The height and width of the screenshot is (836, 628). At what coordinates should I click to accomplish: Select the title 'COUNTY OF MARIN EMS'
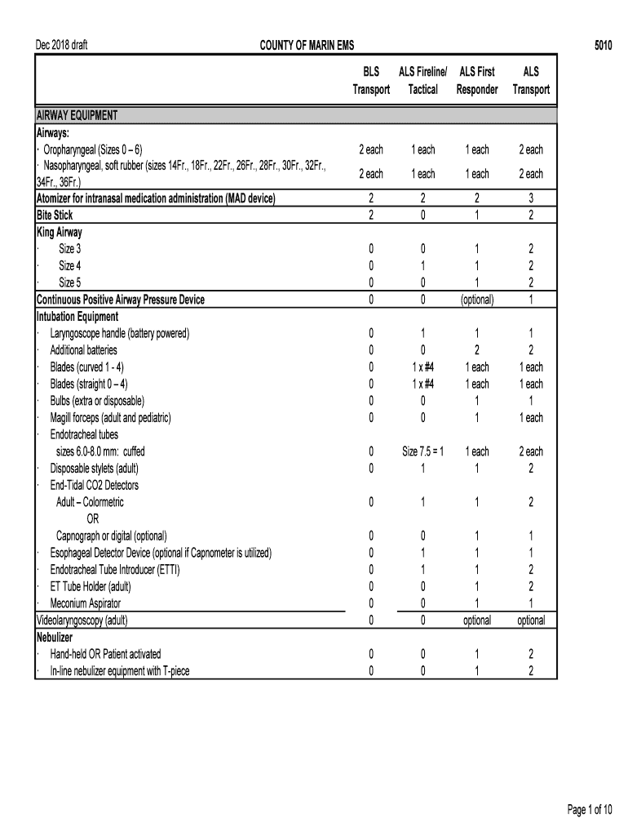[x=302, y=46]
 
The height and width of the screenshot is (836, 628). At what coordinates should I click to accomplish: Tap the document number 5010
[x=603, y=46]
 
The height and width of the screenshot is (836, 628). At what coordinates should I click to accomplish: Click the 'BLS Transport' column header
[x=371, y=81]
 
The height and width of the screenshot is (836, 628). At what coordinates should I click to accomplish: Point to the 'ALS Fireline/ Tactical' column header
[x=422, y=81]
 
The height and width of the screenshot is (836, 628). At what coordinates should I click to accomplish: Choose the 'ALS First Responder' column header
[x=477, y=81]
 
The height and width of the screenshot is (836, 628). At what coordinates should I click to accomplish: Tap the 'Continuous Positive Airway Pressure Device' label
[x=121, y=300]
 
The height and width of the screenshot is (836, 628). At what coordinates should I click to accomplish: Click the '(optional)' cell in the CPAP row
[x=477, y=300]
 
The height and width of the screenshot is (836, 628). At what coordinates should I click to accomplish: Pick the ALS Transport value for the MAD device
[x=531, y=198]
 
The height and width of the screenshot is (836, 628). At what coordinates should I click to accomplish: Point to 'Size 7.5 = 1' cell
[x=422, y=451]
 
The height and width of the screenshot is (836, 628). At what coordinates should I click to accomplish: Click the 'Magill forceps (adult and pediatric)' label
[x=110, y=418]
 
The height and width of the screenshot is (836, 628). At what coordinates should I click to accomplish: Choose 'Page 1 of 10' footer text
[x=590, y=810]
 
